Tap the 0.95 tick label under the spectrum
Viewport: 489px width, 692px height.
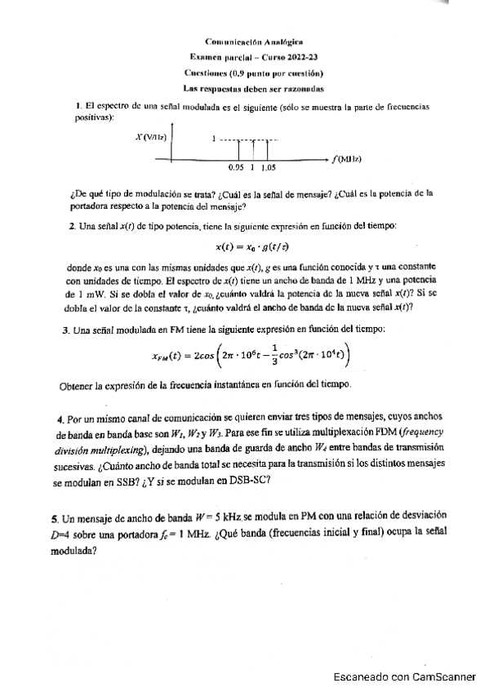(237, 167)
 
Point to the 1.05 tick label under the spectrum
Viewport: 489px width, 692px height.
(269, 167)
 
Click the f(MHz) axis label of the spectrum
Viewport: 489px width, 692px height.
(349, 160)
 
